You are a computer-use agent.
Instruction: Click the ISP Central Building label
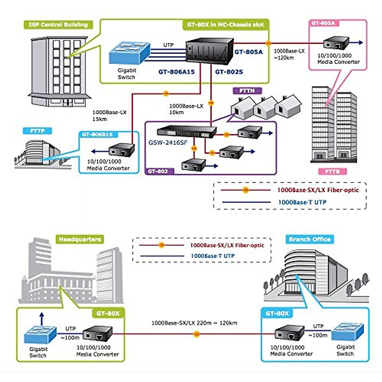pos(58,25)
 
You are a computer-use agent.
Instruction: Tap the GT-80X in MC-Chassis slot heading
pos(225,25)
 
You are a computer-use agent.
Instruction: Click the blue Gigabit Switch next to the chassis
pos(129,53)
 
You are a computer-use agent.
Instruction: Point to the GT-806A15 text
pos(176,72)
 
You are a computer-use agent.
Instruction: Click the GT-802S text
pos(229,72)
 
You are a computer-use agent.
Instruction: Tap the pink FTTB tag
pos(332,172)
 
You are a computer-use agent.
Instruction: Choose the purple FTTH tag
pos(247,91)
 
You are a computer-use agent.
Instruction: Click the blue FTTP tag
pos(38,131)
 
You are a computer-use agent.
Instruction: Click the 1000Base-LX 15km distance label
pos(109,116)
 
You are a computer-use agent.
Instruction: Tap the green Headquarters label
pos(80,239)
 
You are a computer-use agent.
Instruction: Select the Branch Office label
pos(310,239)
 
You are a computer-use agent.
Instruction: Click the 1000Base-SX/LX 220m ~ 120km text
pos(194,323)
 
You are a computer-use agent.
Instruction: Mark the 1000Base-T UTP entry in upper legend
pos(302,202)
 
